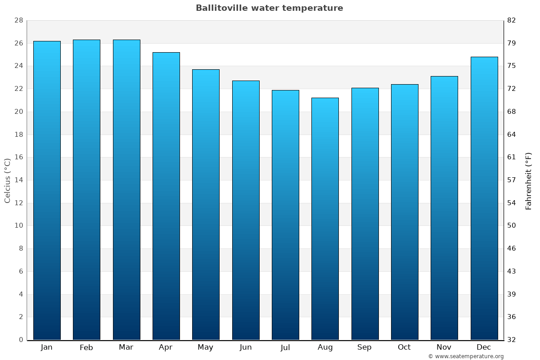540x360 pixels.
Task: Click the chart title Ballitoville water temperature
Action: pyautogui.click(x=269, y=8)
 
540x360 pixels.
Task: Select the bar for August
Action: pyautogui.click(x=325, y=219)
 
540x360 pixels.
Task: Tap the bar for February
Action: pyautogui.click(x=86, y=189)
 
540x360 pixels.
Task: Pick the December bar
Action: pyautogui.click(x=484, y=198)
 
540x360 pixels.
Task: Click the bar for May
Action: pyautogui.click(x=206, y=204)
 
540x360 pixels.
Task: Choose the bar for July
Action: pyautogui.click(x=285, y=215)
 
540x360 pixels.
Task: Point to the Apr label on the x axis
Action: pyautogui.click(x=166, y=347)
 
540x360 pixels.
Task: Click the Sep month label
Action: pyautogui.click(x=364, y=347)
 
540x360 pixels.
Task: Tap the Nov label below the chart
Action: pyautogui.click(x=444, y=347)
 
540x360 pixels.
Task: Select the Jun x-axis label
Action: pyautogui.click(x=246, y=347)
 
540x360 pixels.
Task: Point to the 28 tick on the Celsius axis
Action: pyautogui.click(x=18, y=20)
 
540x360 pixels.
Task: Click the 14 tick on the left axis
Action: pyautogui.click(x=18, y=180)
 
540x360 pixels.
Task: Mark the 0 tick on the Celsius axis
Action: pyautogui.click(x=21, y=340)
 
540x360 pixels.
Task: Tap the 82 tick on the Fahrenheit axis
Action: pyautogui.click(x=511, y=20)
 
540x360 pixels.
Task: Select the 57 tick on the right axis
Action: pyautogui.click(x=511, y=180)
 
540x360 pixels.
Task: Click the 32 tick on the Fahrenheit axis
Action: pyautogui.click(x=511, y=340)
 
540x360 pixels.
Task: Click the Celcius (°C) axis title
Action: pyautogui.click(x=7, y=180)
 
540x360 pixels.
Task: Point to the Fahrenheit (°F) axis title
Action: pyautogui.click(x=529, y=181)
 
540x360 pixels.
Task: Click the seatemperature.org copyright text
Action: pyautogui.click(x=466, y=356)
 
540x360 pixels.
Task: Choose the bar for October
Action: pyautogui.click(x=405, y=212)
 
